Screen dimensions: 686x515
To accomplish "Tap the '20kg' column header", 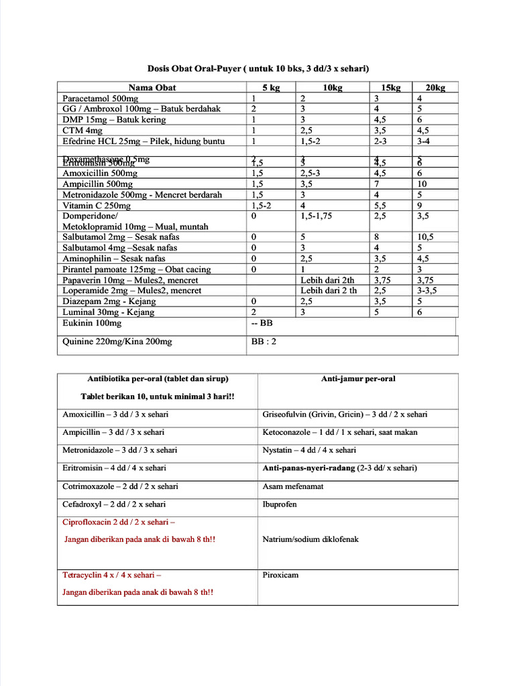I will pos(435,88).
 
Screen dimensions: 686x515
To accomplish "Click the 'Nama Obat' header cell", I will pos(152,88).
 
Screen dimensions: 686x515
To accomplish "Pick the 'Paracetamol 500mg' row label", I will pos(100,98).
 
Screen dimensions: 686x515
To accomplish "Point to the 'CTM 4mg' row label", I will pos(82,131).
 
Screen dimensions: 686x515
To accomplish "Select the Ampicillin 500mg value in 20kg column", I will pos(422,184).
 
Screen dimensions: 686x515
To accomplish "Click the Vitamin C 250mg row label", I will pos(97,206).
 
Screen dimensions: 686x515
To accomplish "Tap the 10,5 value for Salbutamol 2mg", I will pos(426,237).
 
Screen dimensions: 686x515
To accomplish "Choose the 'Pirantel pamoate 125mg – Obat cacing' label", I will pos(136,269).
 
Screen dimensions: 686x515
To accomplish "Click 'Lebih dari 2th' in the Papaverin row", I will pos(327,280).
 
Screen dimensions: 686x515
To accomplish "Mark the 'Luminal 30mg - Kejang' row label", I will pos(108,312).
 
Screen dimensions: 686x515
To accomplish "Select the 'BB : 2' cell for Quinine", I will pos(264,342).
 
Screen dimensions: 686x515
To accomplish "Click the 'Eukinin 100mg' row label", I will pos(92,324).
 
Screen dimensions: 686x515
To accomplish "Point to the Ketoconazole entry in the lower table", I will pos(339,433).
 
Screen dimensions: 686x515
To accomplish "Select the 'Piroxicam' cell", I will pos(280,575).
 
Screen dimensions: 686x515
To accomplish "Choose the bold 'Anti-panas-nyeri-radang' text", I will pos(309,468).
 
